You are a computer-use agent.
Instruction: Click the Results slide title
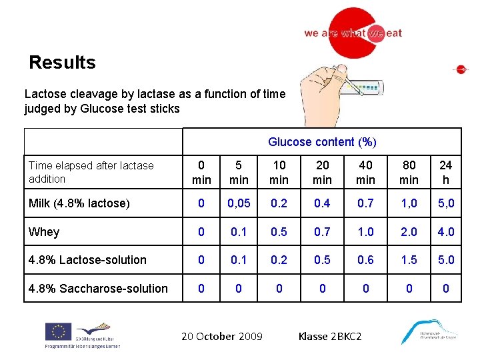click(62, 63)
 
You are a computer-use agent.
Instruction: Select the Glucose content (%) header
click(322, 142)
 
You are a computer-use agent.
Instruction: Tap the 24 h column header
click(445, 173)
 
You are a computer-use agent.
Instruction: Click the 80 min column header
click(409, 173)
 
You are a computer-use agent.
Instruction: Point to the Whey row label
click(44, 232)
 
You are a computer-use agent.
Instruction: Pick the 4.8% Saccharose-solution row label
click(98, 289)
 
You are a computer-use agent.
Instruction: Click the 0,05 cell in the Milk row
click(238, 203)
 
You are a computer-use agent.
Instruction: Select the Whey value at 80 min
click(409, 232)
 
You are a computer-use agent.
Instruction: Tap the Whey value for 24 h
click(445, 232)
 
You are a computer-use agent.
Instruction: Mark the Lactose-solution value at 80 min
click(409, 260)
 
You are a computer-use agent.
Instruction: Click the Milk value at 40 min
click(365, 203)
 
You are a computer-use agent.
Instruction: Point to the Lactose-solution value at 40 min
click(365, 260)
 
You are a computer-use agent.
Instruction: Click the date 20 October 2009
click(222, 337)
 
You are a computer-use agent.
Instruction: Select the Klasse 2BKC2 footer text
click(330, 337)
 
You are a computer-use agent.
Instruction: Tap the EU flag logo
click(58, 331)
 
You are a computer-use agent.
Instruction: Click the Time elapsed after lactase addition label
click(91, 172)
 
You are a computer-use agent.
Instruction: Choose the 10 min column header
click(279, 173)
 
